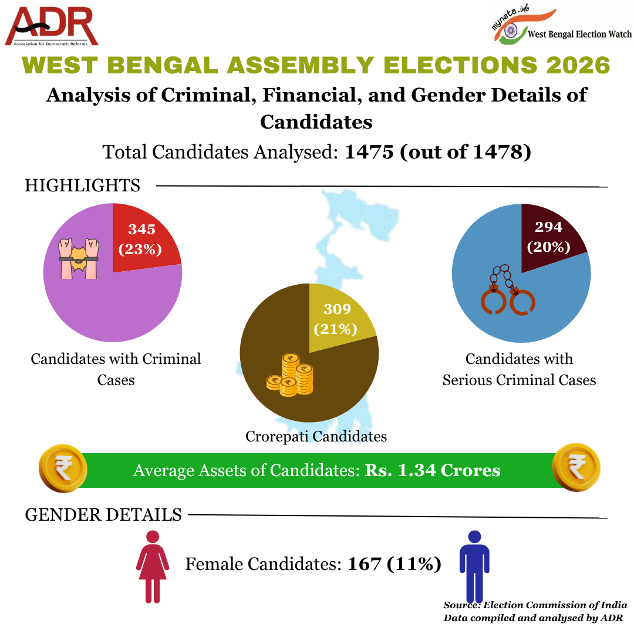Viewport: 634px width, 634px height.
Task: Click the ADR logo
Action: (52, 26)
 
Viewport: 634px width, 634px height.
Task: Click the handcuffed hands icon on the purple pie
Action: (79, 258)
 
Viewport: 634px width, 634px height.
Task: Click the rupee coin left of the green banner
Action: (63, 468)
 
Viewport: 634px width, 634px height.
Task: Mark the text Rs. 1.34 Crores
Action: (433, 470)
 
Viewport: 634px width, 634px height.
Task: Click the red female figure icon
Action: (153, 566)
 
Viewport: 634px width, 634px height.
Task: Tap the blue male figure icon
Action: (474, 566)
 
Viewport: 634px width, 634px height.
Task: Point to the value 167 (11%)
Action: (394, 565)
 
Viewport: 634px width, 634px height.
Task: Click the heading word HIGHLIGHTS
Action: (82, 186)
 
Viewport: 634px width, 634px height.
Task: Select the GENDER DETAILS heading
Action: (103, 515)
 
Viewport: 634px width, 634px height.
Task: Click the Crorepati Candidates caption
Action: (316, 436)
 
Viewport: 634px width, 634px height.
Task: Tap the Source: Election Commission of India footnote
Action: (535, 605)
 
